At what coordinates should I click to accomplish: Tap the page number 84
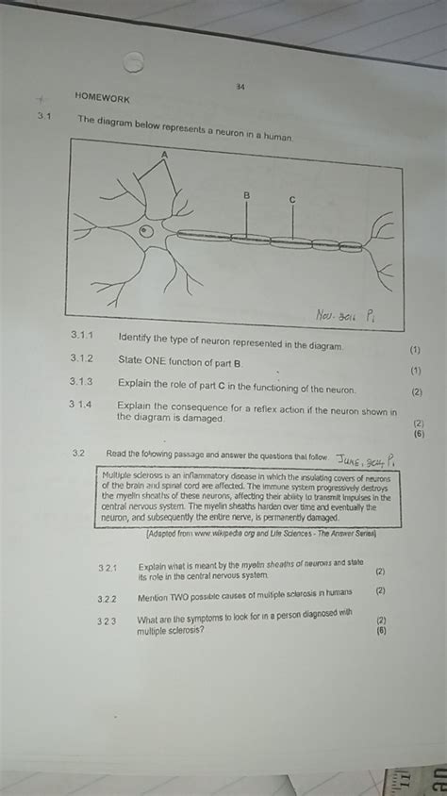click(241, 88)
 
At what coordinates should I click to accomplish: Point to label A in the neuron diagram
click(164, 153)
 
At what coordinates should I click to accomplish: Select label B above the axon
click(247, 195)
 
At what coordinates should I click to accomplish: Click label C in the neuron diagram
click(292, 199)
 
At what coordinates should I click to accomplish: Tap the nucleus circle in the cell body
click(145, 229)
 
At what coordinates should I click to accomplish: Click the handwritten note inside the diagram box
click(345, 312)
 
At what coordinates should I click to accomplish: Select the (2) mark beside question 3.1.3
click(417, 392)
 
